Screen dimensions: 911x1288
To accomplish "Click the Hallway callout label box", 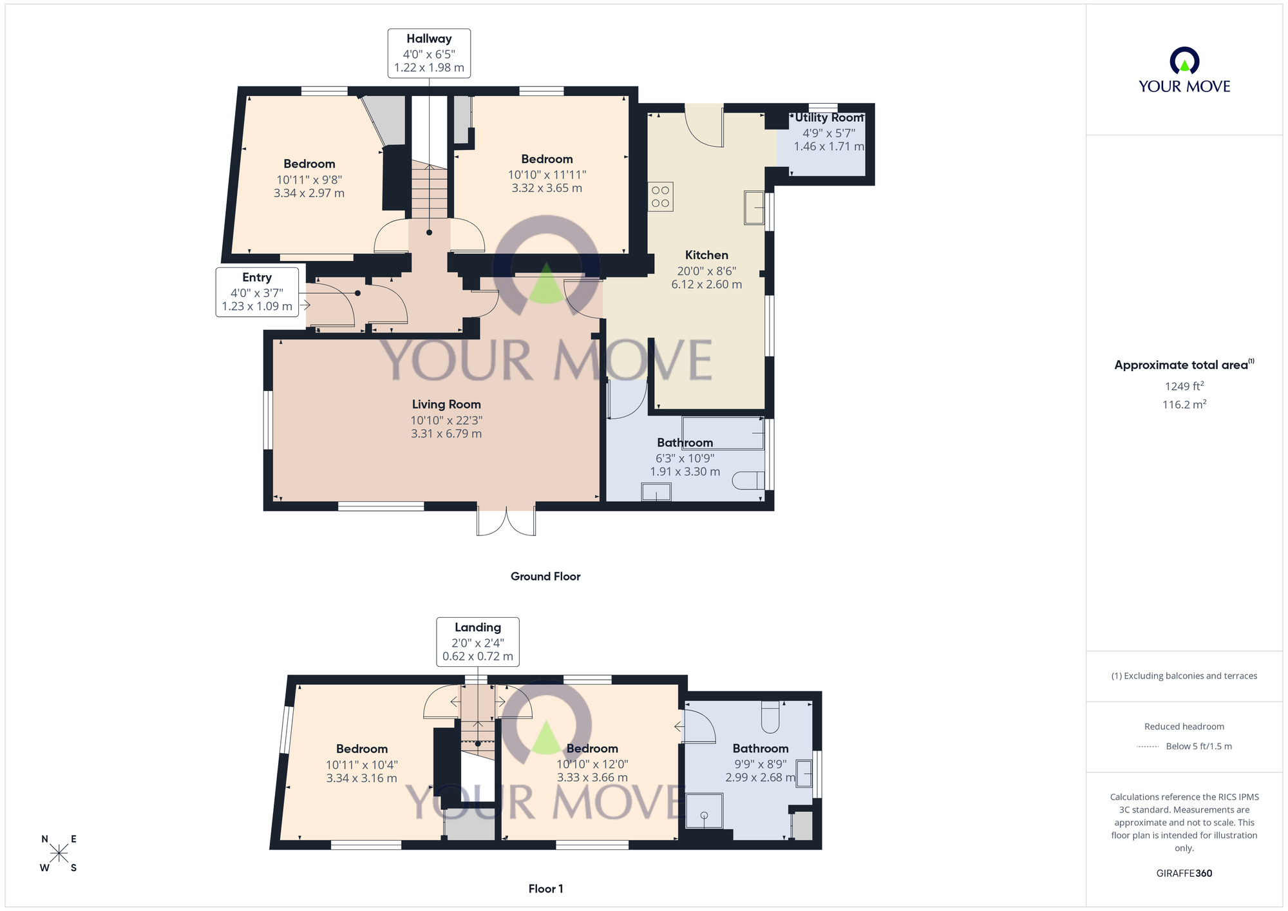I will [429, 53].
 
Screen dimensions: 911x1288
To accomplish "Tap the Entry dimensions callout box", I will [257, 292].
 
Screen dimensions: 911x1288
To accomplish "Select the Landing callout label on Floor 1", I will [478, 642].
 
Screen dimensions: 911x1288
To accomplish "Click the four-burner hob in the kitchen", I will [660, 197].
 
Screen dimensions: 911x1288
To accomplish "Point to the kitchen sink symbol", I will [754, 207].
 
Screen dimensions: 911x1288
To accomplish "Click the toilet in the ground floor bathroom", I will [750, 481].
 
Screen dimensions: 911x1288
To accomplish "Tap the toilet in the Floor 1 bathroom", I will [770, 716].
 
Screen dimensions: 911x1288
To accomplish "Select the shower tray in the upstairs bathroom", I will [704, 810].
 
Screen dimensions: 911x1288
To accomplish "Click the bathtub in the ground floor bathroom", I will [723, 433].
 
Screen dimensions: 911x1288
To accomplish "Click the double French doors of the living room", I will [506, 521].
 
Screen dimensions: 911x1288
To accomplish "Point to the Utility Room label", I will [829, 118].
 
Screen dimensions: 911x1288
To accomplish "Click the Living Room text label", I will [446, 405].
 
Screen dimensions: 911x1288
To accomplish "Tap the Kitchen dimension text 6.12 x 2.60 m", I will [706, 285].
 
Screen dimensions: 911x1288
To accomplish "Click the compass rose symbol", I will [59, 854].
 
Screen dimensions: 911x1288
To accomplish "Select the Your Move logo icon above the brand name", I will [1184, 62].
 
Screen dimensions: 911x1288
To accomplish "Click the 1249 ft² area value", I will [1184, 387].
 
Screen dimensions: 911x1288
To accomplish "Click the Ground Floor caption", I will [545, 577].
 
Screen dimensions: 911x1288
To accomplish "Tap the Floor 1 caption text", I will [545, 889].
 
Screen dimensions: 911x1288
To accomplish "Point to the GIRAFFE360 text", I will [1184, 874].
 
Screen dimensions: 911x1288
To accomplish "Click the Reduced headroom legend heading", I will [1184, 727].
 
